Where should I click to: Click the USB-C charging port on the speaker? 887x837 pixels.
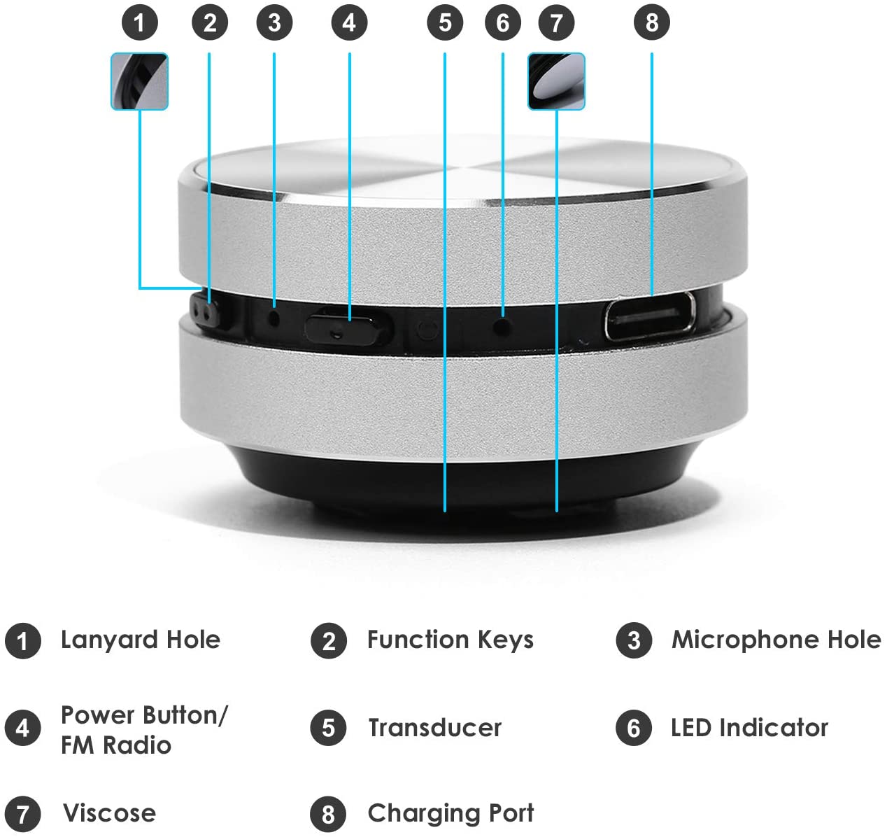coord(650,316)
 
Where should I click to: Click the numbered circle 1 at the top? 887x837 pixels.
coord(139,22)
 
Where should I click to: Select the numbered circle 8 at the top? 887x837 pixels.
coord(651,22)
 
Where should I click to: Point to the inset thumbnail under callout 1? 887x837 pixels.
coord(139,81)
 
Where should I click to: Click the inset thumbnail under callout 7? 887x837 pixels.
coord(556,81)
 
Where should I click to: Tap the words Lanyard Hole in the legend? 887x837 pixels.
coord(140,640)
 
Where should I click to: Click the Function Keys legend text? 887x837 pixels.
coord(450,640)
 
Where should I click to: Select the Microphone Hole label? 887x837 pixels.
coord(776,640)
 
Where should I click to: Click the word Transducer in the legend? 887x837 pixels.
coord(434,728)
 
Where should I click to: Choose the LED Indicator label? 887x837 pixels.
coord(748,728)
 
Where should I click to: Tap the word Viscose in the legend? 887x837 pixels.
coord(109,813)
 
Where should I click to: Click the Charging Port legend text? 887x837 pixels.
coord(450,813)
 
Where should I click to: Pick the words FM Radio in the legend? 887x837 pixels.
coord(115,745)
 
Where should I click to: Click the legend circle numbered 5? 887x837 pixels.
coord(328,728)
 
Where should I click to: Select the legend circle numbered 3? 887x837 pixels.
coord(634,640)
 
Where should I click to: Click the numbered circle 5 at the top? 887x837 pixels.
coord(445,22)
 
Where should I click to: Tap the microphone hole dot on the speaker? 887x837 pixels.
coord(274,317)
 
